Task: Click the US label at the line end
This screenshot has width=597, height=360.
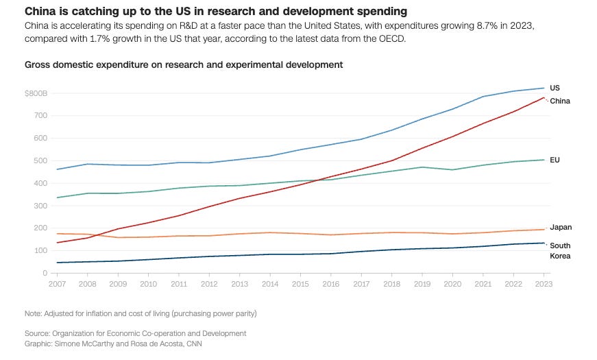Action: point(555,88)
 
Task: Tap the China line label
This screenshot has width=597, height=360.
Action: point(560,101)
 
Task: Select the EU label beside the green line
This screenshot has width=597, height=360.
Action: point(555,160)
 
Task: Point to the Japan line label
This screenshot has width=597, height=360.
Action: point(561,227)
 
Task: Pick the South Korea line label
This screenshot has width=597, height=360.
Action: point(560,250)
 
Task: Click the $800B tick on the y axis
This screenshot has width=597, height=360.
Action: point(35,93)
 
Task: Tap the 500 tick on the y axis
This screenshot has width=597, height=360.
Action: point(39,160)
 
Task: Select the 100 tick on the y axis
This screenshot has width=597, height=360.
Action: point(39,250)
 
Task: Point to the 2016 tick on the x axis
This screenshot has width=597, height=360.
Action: point(331,283)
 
